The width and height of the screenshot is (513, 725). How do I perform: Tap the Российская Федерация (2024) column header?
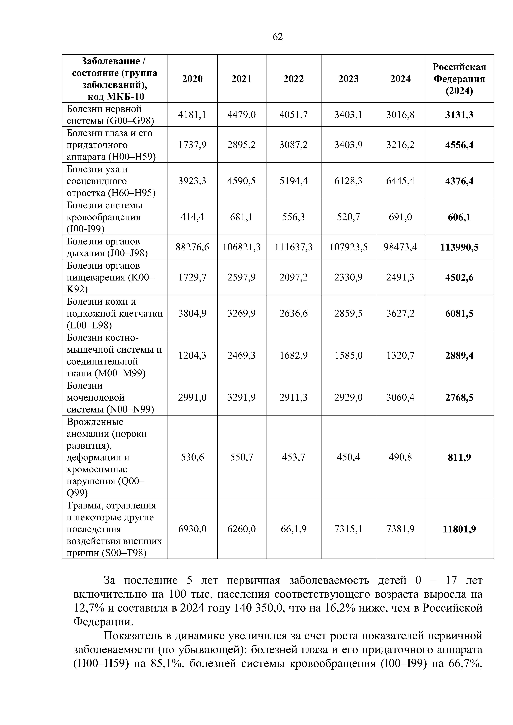click(459, 79)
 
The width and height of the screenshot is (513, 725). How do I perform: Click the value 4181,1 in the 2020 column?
click(192, 115)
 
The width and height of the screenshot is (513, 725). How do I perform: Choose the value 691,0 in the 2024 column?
click(400, 217)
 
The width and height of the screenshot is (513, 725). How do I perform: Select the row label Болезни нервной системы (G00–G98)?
click(110, 115)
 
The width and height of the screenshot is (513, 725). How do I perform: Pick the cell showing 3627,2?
click(400, 313)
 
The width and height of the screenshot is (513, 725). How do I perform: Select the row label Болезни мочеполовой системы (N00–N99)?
click(110, 397)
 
